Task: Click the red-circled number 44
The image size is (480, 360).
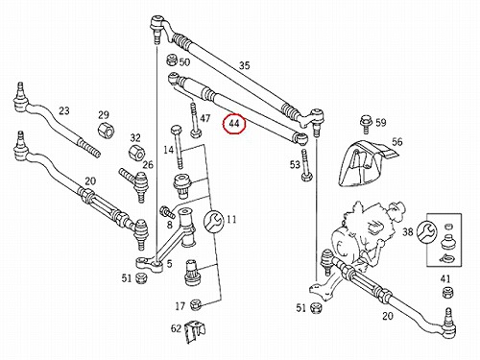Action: tap(234, 124)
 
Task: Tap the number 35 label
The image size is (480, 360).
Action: tap(244, 65)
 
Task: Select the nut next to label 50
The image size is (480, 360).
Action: tap(172, 60)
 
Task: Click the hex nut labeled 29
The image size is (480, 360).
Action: tap(106, 131)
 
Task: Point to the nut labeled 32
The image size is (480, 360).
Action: tap(137, 153)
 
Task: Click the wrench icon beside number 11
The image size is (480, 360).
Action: tap(213, 221)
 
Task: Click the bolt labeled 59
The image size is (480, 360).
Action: tap(366, 124)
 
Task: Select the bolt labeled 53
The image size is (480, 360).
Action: tap(305, 165)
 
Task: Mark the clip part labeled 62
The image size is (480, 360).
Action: tap(195, 332)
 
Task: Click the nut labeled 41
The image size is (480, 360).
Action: tap(446, 293)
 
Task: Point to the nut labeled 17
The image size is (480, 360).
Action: tap(196, 305)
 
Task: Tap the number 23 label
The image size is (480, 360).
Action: tap(64, 110)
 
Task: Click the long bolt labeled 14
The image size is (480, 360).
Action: tap(178, 147)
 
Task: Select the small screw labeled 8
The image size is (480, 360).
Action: tap(167, 212)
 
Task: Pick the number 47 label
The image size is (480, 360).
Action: tap(205, 118)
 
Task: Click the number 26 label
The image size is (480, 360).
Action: tap(148, 165)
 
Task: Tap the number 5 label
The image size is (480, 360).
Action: tap(169, 264)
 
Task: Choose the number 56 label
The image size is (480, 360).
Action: tap(397, 142)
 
